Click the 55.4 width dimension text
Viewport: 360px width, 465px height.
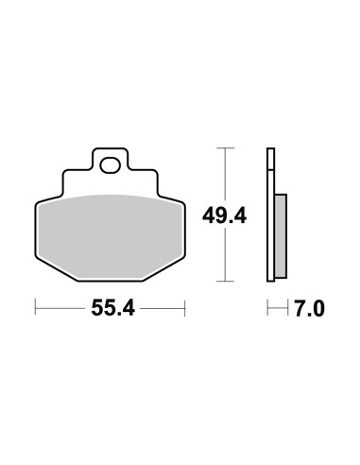pyautogui.click(x=112, y=308)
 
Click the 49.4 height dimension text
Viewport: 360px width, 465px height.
pyautogui.click(x=224, y=215)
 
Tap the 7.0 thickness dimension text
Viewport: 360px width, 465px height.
pyautogui.click(x=309, y=309)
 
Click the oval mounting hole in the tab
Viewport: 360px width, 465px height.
pyautogui.click(x=111, y=165)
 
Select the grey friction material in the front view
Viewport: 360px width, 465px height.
pyautogui.click(x=110, y=235)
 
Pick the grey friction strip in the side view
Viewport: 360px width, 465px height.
pyautogui.click(x=281, y=236)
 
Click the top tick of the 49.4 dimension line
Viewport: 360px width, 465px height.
pyautogui.click(x=225, y=147)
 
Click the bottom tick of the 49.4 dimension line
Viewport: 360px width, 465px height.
pyautogui.click(x=225, y=281)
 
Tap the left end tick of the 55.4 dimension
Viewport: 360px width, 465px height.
pyautogui.click(x=35, y=307)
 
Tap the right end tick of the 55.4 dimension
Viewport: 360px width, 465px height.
pyautogui.click(x=185, y=308)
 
